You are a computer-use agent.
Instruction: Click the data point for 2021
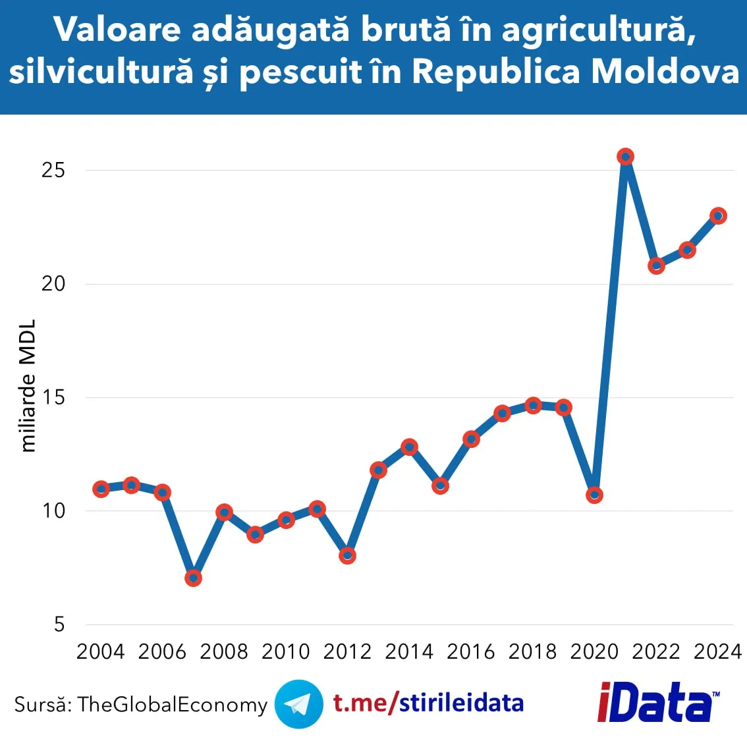[x=625, y=157]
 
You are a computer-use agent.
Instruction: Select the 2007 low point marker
[x=193, y=578]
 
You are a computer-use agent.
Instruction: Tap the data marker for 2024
[x=718, y=215]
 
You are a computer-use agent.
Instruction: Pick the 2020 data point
[x=594, y=495]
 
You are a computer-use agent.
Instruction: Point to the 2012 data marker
[x=347, y=555]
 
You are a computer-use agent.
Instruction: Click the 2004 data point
[x=101, y=489]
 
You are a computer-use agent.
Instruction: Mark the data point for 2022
[x=656, y=266]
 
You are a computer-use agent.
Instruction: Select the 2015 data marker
[x=440, y=485]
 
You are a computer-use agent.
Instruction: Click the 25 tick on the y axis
[x=53, y=170]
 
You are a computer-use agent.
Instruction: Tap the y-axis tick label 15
[x=53, y=397]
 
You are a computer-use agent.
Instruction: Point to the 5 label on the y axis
[x=59, y=624]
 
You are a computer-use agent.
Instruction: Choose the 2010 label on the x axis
[x=285, y=651]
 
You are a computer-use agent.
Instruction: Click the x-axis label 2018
[x=532, y=651]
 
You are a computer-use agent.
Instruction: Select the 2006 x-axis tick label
[x=162, y=651]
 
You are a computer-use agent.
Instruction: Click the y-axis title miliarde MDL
[x=28, y=386]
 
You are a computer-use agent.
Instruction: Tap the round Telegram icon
[x=298, y=704]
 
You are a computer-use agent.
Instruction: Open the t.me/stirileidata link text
[x=428, y=704]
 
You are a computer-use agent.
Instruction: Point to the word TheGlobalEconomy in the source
[x=172, y=704]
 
